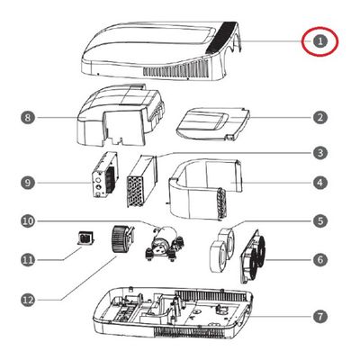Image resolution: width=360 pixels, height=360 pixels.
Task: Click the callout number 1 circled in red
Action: click(x=320, y=41)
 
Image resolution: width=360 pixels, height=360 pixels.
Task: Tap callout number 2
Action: click(x=320, y=117)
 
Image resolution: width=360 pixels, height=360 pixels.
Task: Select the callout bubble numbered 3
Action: click(x=320, y=153)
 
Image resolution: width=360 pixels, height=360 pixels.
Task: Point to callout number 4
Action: click(x=320, y=183)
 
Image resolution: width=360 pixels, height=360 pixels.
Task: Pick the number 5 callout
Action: click(x=320, y=221)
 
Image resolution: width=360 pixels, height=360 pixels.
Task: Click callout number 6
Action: click(x=320, y=259)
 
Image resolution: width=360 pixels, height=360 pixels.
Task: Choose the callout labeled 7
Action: click(x=320, y=316)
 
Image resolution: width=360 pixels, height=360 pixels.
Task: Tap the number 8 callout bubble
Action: click(x=28, y=117)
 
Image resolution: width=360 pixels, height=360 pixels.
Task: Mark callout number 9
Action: click(x=28, y=183)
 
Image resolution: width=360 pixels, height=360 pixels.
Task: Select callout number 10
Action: click(x=28, y=221)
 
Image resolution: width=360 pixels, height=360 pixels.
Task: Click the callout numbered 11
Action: click(x=28, y=259)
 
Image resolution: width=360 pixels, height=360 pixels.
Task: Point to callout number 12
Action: click(x=28, y=300)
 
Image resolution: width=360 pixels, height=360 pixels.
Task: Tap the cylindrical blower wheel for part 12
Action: click(x=121, y=240)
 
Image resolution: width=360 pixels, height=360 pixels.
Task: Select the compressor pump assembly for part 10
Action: click(x=165, y=244)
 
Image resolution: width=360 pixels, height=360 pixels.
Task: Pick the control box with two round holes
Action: click(x=105, y=175)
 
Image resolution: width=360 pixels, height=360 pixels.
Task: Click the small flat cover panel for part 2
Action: click(x=212, y=123)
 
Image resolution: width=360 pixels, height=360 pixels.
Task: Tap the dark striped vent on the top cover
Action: click(x=222, y=38)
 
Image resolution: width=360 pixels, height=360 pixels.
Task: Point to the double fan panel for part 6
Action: click(x=254, y=256)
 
